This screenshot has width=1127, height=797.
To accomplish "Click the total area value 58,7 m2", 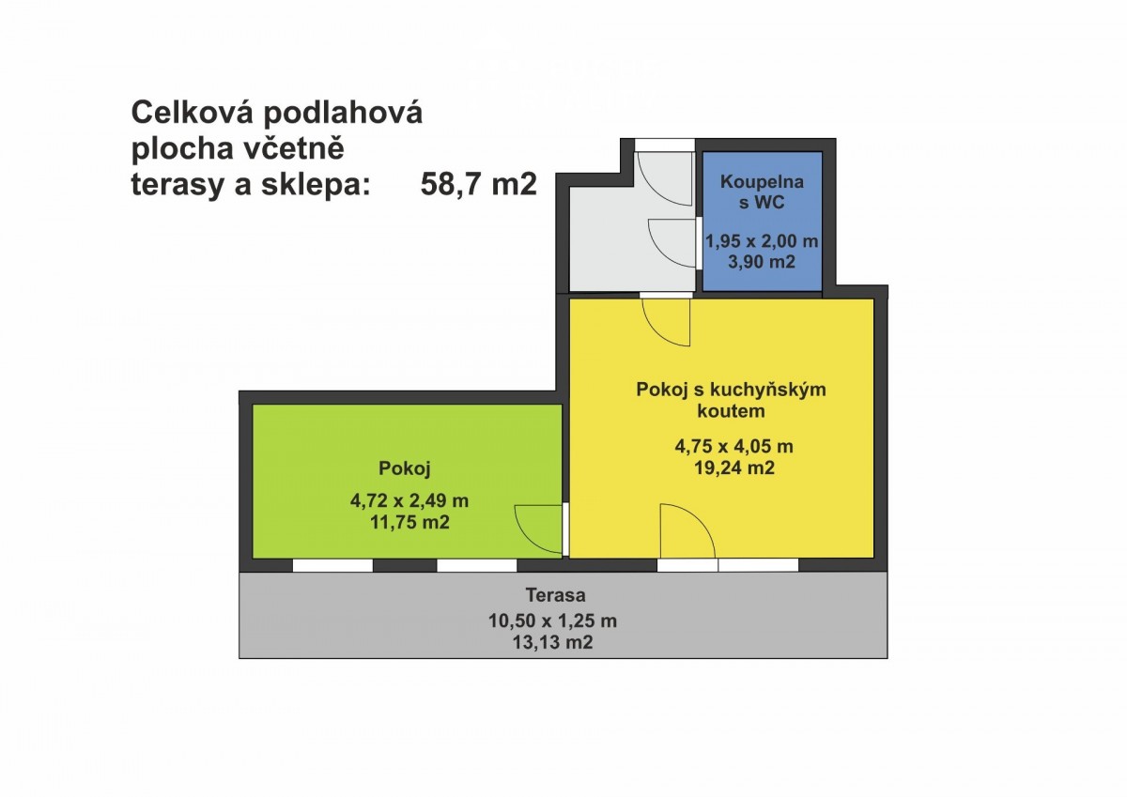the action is coord(478,184).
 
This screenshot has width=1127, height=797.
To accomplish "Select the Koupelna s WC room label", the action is coord(762,192).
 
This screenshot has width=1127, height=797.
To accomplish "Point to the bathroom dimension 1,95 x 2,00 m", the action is coord(762,241).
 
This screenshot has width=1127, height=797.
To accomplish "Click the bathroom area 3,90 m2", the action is coord(762,262).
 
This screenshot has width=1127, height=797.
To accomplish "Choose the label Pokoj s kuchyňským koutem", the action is coord(731,400).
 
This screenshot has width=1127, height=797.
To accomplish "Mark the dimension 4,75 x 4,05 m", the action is coord(734,446).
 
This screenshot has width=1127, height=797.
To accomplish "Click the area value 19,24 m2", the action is coord(734,468).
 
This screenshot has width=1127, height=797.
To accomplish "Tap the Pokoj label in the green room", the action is coord(405,468).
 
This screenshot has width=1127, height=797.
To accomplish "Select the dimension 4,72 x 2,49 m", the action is coord(409,501).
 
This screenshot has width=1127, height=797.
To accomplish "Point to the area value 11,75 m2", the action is coord(409,523).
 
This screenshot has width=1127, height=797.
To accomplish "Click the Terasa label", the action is coord(555,595).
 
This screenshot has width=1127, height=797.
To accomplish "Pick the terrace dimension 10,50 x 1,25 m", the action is coord(552,621).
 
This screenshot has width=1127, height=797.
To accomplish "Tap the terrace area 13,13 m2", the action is coord(552,643).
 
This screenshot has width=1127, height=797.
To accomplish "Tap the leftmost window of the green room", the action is coord(332,566).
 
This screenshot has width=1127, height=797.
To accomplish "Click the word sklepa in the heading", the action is coord(315,185).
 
